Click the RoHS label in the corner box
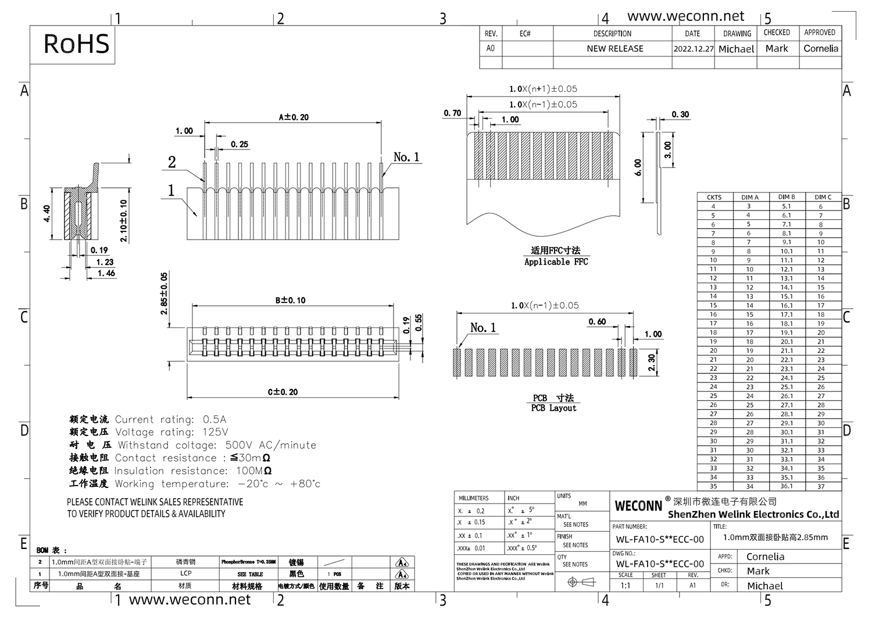[76, 44]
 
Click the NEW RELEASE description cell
[614, 49]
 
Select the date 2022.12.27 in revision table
[693, 49]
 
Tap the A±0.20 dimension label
[294, 117]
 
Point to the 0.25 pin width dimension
[239, 144]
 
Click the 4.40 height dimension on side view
[47, 213]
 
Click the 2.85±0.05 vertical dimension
[164, 293]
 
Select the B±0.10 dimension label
[290, 300]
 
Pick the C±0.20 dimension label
[283, 392]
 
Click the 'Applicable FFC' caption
[556, 262]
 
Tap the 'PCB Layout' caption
[553, 408]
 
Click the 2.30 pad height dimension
[652, 363]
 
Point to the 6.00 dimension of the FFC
[638, 167]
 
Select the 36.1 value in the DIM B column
[786, 486]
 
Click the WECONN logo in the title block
[638, 506]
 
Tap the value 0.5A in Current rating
[215, 419]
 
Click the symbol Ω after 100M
[267, 471]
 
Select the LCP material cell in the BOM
[185, 573]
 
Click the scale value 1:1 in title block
[625, 586]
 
